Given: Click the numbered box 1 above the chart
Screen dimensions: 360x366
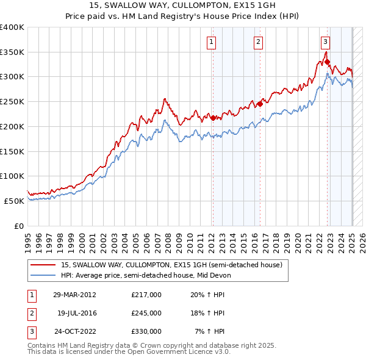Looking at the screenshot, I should (x=211, y=42).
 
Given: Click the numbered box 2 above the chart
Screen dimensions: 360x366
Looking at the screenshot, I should (x=259, y=42).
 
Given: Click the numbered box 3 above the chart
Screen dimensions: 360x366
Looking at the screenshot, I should (x=325, y=42).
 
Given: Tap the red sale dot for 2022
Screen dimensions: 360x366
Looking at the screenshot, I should (x=328, y=62).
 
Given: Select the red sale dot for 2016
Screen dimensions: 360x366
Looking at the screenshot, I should (x=260, y=104).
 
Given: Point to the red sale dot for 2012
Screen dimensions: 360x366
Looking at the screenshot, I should (x=213, y=118).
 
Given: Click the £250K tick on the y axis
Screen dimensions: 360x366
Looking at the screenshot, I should (x=12, y=102).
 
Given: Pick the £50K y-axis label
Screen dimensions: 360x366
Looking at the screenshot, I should (x=15, y=201).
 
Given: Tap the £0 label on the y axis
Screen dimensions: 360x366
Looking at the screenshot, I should (x=18, y=226).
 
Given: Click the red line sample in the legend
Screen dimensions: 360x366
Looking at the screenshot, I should (x=43, y=265).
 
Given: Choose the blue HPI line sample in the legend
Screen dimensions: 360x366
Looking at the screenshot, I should (x=43, y=275).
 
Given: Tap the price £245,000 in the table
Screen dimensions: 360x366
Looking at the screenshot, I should (x=146, y=313).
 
